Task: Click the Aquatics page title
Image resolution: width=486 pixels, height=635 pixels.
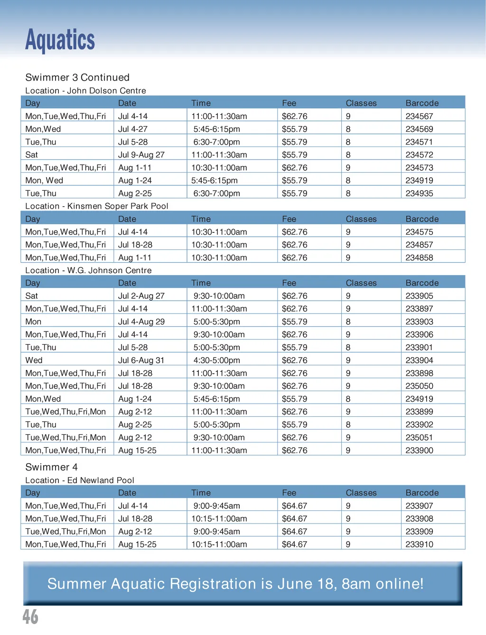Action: [x=60, y=40]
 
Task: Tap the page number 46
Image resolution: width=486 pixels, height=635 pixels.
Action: [x=30, y=617]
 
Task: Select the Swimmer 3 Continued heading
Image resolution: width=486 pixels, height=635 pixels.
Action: [x=77, y=77]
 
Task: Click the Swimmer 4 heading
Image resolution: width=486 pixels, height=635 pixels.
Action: [x=51, y=467]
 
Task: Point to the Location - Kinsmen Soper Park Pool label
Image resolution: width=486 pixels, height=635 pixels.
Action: [x=97, y=206]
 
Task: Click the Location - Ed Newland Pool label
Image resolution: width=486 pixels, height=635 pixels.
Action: [x=80, y=480]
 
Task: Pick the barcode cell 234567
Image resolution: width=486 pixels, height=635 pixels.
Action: [x=419, y=116]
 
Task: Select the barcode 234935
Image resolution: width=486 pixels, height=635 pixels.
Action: [x=419, y=193]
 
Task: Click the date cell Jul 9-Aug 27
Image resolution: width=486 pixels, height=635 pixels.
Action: [x=141, y=155]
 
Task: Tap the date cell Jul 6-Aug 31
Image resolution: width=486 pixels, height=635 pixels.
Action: [x=141, y=360]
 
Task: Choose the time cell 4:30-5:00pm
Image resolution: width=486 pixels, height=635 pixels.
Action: [x=216, y=360]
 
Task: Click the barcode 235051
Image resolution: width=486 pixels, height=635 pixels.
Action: [x=419, y=437]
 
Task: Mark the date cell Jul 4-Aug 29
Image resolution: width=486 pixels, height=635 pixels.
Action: [x=141, y=322]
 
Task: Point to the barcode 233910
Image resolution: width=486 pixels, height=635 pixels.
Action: [x=419, y=544]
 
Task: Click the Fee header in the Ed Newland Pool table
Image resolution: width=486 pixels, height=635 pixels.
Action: [x=289, y=493]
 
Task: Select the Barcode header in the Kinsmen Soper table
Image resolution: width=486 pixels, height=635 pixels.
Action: [x=422, y=219]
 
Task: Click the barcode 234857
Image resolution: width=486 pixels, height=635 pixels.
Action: [x=419, y=245]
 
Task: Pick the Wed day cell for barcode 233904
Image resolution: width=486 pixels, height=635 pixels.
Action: [x=34, y=360]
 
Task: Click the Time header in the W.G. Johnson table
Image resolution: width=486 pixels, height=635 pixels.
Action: [x=201, y=283]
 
